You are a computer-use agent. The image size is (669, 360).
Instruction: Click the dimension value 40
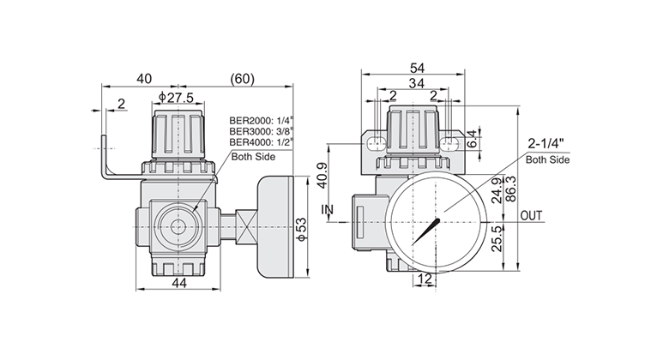pyautogui.click(x=144, y=79)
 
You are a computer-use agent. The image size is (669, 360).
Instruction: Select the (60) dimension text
pyautogui.click(x=242, y=79)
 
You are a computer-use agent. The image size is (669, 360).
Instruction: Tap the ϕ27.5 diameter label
pyautogui.click(x=176, y=98)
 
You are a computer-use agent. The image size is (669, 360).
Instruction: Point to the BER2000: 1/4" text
pyautogui.click(x=260, y=120)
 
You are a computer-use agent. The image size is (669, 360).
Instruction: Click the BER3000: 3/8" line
pyautogui.click(x=260, y=131)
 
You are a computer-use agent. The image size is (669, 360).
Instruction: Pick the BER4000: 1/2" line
pyautogui.click(x=260, y=141)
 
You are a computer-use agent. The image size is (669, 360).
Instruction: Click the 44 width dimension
pyautogui.click(x=179, y=282)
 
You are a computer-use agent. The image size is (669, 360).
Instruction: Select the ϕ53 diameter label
pyautogui.click(x=301, y=231)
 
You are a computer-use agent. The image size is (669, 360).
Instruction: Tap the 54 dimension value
pyautogui.click(x=417, y=68)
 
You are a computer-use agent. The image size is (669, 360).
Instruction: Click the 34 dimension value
pyautogui.click(x=417, y=83)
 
